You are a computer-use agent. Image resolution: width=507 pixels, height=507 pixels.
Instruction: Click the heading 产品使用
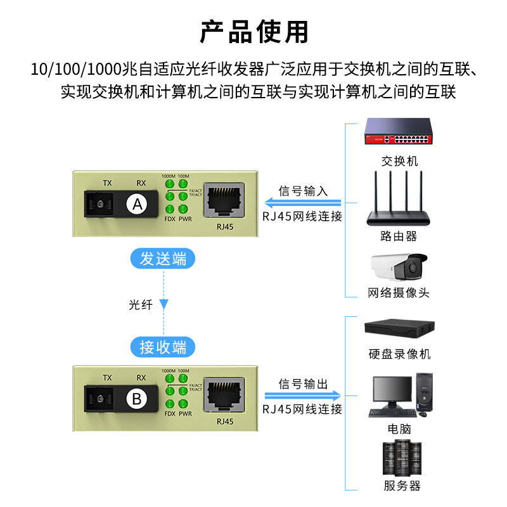(x=253, y=30)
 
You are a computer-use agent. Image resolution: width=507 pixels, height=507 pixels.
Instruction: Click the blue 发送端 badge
(x=164, y=259)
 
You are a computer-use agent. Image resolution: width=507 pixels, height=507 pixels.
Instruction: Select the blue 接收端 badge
(x=164, y=347)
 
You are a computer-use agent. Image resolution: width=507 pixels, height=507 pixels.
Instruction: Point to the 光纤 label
(x=141, y=304)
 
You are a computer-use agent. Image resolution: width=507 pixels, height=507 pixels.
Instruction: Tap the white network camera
(x=399, y=267)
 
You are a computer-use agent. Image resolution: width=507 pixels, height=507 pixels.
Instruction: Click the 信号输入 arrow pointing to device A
(x=303, y=203)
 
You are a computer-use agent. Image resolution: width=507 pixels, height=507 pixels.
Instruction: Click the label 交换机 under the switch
(x=399, y=161)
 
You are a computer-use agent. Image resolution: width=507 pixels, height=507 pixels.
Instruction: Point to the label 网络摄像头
(x=399, y=293)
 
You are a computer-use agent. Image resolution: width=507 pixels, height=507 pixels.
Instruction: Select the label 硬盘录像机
(x=399, y=354)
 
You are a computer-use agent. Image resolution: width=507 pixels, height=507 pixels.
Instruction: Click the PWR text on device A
(x=185, y=219)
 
